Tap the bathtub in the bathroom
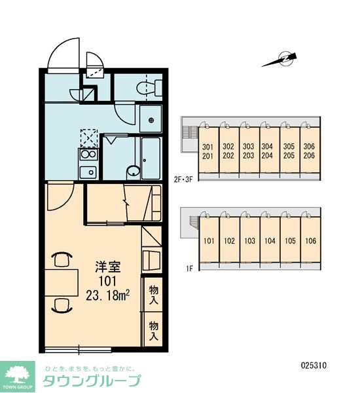(151, 159)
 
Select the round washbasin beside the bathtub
(134, 172)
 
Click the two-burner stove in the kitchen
(88, 155)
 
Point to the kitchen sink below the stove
(88, 172)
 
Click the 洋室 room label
(108, 267)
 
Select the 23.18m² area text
(107, 296)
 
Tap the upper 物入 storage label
(154, 295)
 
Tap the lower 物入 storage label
(154, 331)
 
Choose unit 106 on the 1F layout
(311, 240)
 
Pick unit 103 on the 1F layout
(250, 240)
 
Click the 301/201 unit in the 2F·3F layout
(208, 150)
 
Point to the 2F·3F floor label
(184, 179)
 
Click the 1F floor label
(189, 269)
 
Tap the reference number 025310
(314, 365)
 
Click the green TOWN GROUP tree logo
(17, 377)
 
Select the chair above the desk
(62, 259)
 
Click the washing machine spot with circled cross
(151, 120)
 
